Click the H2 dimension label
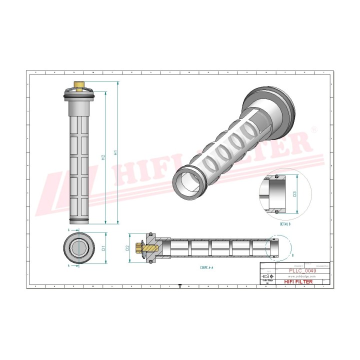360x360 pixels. coord(103,157)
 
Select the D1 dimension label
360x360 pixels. coord(103,247)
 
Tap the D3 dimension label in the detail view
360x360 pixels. coord(294,193)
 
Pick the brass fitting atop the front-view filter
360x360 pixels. coord(77,85)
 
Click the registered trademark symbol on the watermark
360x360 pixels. coord(314,129)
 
